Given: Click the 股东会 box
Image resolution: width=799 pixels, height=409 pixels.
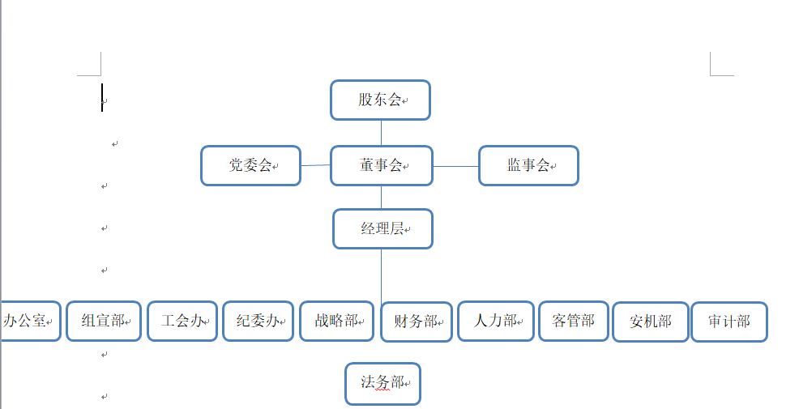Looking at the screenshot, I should (380, 100).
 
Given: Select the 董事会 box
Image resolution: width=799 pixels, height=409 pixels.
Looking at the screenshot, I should (381, 165).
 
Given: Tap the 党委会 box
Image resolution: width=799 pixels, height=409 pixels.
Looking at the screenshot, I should (250, 166).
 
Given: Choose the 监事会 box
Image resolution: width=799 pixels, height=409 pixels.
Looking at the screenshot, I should (528, 166).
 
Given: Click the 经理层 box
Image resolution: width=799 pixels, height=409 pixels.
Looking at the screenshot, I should (382, 228).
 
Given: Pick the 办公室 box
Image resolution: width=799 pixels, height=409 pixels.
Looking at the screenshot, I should (31, 321).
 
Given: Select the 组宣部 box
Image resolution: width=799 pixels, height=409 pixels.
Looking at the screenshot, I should (104, 321).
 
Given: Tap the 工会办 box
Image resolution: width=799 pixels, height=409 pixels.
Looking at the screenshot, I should (182, 321).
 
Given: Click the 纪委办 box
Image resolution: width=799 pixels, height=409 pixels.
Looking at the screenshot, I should (258, 321).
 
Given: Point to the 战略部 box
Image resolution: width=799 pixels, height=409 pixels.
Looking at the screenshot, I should (336, 321).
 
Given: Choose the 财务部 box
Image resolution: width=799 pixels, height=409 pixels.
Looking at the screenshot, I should (417, 322).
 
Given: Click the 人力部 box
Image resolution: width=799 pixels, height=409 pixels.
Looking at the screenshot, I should (495, 321).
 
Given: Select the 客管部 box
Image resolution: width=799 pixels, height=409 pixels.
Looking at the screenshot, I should (573, 321).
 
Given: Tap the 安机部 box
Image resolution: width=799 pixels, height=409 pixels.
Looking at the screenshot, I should (651, 322).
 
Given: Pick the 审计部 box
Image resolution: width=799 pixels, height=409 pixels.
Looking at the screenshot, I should (728, 322).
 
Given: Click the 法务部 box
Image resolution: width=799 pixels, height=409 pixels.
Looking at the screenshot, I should (382, 383).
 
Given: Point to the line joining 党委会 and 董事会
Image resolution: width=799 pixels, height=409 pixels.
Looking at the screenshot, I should (315, 165).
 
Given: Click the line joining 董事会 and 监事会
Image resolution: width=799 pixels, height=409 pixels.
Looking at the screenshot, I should (455, 166).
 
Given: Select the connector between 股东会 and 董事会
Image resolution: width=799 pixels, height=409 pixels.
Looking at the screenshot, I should (381, 133).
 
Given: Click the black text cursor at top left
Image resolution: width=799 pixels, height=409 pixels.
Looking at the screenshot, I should (102, 97).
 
